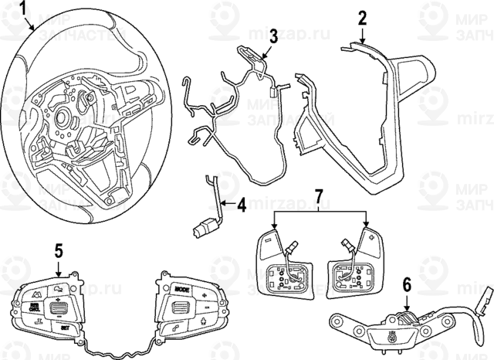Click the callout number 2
pyautogui.click(x=363, y=19)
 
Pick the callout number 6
pyautogui.click(x=406, y=284)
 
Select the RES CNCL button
pyautogui.click(x=36, y=307)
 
